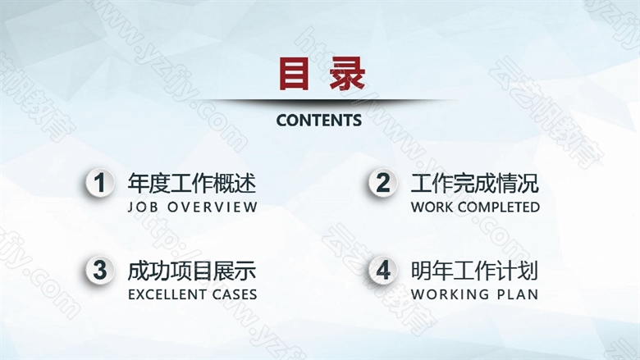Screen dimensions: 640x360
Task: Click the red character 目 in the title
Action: pos(293,74)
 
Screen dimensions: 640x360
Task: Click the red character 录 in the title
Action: pos(347,74)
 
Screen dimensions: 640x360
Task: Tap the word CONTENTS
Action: pos(319,121)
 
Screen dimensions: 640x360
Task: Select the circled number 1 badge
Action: pos(100,183)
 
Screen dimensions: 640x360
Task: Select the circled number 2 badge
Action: pos(383,183)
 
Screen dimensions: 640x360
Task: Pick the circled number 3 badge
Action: pos(100,270)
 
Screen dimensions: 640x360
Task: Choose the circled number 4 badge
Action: pos(383,270)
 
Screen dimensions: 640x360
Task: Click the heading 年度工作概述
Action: pos(192,183)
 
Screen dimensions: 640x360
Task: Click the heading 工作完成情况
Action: pos(475,183)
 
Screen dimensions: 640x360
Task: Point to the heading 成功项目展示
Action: pos(192,271)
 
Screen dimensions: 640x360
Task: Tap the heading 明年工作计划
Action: pos(474,271)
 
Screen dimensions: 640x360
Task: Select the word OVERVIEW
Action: pos(213,207)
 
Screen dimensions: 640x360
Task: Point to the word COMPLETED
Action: pos(498,207)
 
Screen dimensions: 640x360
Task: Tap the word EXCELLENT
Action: pos(167,294)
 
